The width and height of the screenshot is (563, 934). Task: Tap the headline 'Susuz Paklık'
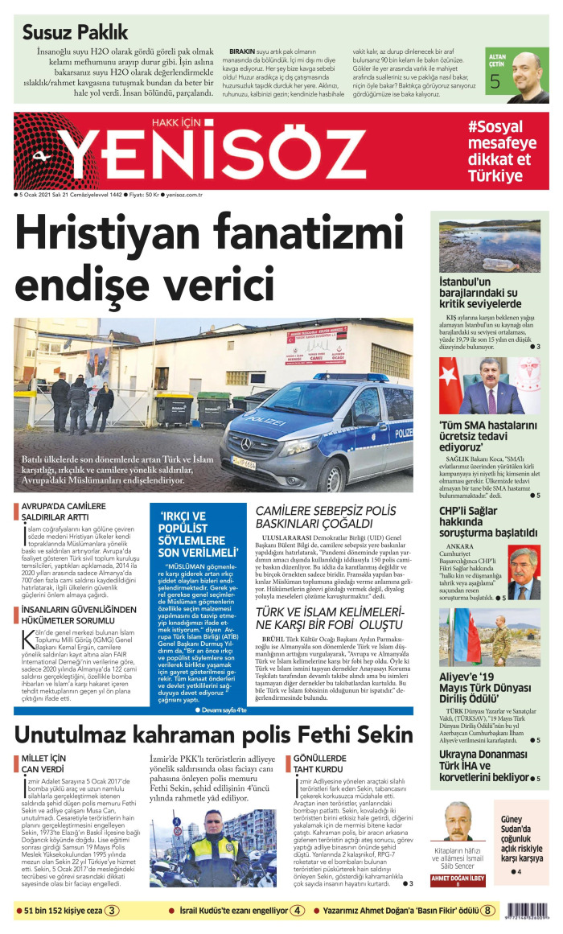pos(75,32)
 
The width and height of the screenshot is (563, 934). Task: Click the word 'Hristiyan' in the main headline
pos(121,237)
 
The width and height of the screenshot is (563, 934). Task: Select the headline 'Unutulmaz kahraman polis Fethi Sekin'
pos(213,735)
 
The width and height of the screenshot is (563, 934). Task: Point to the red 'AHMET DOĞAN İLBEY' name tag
pos(458,879)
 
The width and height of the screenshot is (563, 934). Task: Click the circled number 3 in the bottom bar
pos(112,911)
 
